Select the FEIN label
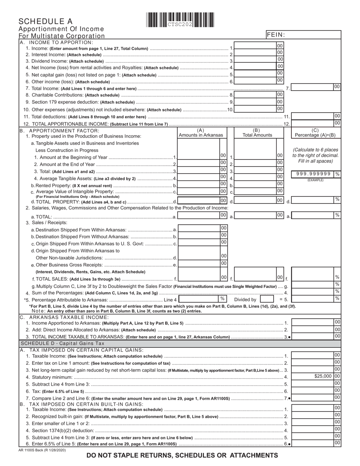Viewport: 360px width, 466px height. (276, 34)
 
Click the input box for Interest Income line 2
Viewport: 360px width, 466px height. (255, 54)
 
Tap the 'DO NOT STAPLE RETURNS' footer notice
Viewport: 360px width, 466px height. (182, 455)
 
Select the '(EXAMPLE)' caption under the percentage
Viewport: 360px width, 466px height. (315, 180)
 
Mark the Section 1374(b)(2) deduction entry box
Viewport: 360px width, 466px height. (312, 430)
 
